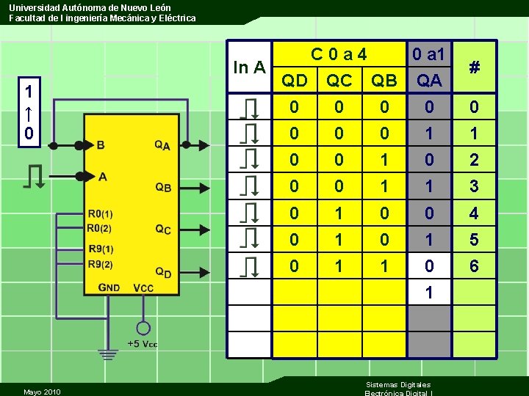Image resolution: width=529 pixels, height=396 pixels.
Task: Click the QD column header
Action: pos(295,80)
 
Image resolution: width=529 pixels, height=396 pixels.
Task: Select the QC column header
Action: pos(339,80)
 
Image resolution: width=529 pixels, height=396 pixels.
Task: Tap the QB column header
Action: pos(384,80)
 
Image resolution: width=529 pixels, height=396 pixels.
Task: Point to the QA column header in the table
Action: pos(429,80)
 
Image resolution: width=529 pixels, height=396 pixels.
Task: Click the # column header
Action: pos(475,67)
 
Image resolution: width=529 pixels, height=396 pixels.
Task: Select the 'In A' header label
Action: pos(249,67)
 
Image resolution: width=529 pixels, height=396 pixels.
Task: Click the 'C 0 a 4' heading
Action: pos(339,54)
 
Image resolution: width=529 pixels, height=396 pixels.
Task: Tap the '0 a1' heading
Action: pos(429,54)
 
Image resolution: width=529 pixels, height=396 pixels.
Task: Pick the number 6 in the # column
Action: pos(474,266)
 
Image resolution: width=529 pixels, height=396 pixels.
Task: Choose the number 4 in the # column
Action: pos(474,213)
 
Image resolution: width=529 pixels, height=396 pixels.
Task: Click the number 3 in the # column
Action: pos(474,186)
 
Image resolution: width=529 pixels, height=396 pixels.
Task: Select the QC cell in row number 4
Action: pos(339,213)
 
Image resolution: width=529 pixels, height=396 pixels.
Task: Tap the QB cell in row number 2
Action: pos(384,160)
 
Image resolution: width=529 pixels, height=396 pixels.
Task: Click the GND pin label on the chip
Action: pos(108,287)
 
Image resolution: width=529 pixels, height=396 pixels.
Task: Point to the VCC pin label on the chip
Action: pos(143,288)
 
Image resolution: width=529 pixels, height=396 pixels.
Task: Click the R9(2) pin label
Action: pos(101,264)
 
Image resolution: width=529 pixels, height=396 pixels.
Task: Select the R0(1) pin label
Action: pos(101,214)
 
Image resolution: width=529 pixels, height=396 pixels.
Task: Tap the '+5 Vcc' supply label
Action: pos(143,344)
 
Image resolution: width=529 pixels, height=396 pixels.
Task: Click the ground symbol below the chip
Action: pos(108,355)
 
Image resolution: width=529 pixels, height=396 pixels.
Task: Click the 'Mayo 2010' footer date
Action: pos(42,391)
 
